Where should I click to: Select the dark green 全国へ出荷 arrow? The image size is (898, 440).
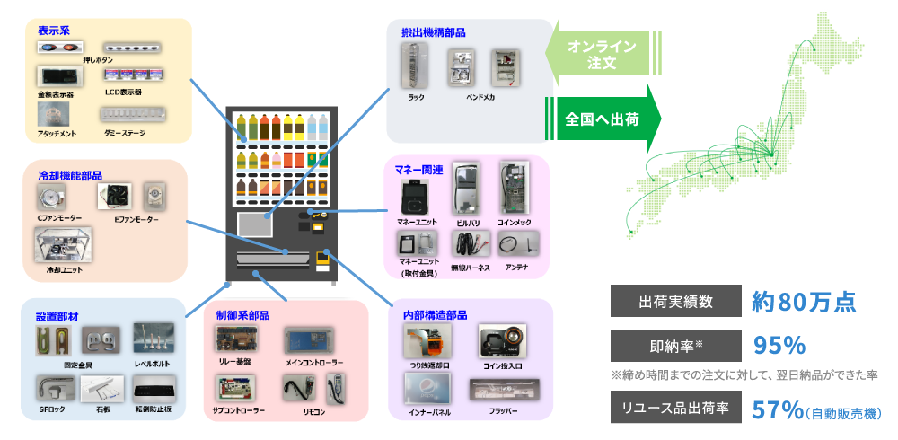coord(603,119)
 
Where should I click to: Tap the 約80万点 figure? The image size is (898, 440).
coord(803,302)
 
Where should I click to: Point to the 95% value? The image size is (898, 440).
coord(779,347)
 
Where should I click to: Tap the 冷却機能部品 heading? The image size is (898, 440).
coord(69,175)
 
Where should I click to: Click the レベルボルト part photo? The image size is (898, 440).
coord(154,338)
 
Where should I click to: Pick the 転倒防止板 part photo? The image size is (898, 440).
coord(157,389)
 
